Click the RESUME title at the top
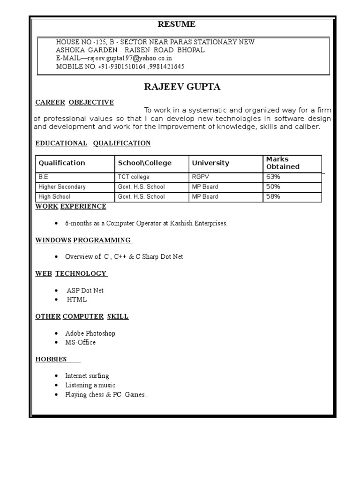pyautogui.click(x=176, y=24)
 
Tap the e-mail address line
pyautogui.click(x=114, y=58)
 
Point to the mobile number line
pyautogui.click(x=120, y=67)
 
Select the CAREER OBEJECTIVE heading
pyautogui.click(x=75, y=102)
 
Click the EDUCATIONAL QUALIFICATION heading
pyautogui.click(x=93, y=143)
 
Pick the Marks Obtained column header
pyautogui.click(x=283, y=163)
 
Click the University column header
pyautogui.click(x=210, y=163)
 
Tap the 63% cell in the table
pyautogui.click(x=273, y=177)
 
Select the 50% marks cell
pyautogui.click(x=273, y=187)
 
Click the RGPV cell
pyautogui.click(x=200, y=177)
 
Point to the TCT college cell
pyautogui.click(x=134, y=177)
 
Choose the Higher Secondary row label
pyautogui.click(x=62, y=187)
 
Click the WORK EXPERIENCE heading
pyautogui.click(x=71, y=206)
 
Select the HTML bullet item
pyautogui.click(x=76, y=300)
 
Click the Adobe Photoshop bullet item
pyautogui.click(x=90, y=333)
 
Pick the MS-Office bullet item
pyautogui.click(x=80, y=343)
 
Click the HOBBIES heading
pyautogui.click(x=51, y=359)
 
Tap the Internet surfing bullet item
pyautogui.click(x=87, y=376)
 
